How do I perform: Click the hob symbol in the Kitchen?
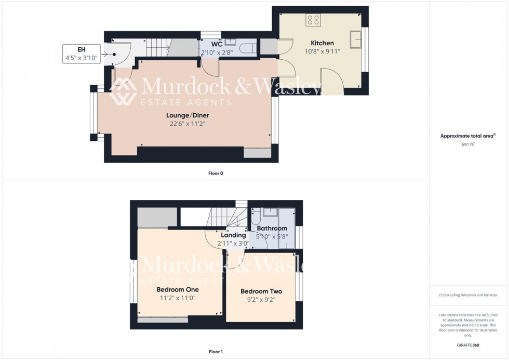313,20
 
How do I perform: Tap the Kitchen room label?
322,43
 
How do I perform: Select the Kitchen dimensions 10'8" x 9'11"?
322,51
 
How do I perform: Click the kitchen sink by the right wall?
356,39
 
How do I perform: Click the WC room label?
217,44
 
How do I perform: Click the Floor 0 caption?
216,173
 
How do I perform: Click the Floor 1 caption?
216,352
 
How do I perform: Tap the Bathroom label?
272,228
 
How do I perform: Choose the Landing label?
233,235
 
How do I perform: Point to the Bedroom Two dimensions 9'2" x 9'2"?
261,300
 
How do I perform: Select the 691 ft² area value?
468,144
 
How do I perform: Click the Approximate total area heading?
467,136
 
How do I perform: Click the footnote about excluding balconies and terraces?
468,295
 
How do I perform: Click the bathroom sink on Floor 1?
270,212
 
